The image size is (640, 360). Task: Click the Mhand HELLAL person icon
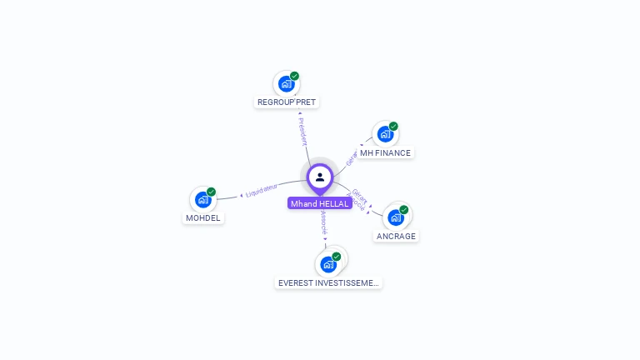320,177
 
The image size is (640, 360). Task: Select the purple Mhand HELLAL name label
320,203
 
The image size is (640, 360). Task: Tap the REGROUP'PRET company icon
286,83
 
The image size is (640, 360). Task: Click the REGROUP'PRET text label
287,102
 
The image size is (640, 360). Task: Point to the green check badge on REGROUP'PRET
294,76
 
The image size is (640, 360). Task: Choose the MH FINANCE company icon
384,134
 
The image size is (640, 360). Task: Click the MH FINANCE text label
385,153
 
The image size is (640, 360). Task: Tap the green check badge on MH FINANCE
393,127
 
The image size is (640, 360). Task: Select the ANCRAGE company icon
395,217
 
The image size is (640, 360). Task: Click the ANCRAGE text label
396,236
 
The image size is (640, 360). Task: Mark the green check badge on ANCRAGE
404,210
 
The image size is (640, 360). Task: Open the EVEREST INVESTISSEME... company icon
328,264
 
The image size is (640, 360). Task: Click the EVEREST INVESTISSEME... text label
328,283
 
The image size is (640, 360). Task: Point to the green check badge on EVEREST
337,257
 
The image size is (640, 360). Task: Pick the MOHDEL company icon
202,199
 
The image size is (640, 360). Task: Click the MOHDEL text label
203,218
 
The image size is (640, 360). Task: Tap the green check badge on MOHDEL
211,192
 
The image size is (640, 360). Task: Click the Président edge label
302,132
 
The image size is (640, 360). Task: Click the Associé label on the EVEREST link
323,224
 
